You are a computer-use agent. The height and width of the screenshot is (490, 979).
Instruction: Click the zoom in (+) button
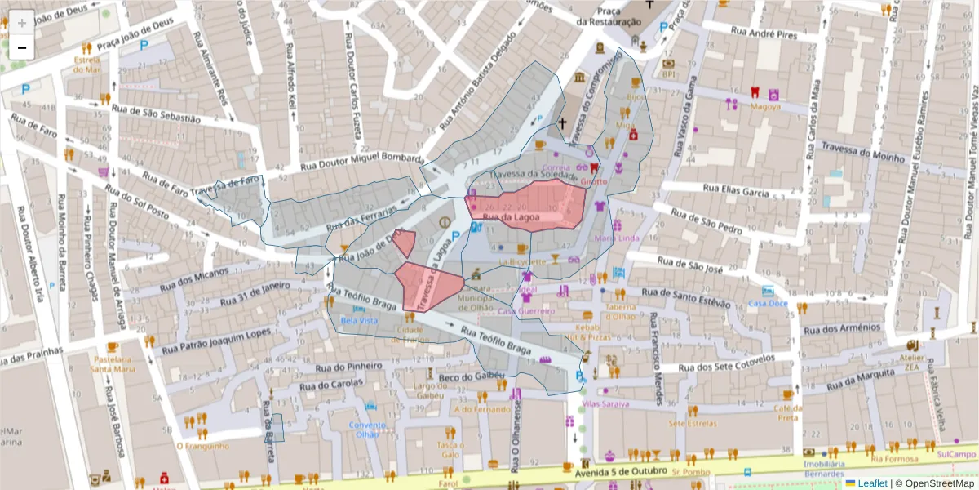click(x=22, y=23)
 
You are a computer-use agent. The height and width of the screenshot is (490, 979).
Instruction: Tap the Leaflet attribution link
click(x=871, y=483)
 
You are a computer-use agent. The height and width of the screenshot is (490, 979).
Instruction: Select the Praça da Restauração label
click(x=609, y=16)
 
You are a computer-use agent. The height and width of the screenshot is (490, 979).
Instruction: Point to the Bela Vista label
click(x=359, y=321)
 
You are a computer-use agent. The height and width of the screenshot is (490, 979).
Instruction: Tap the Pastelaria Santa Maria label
click(x=113, y=363)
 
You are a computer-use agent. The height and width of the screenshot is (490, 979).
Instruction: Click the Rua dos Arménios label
click(x=842, y=328)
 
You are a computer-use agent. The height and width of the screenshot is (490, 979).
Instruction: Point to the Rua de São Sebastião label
click(x=155, y=114)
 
